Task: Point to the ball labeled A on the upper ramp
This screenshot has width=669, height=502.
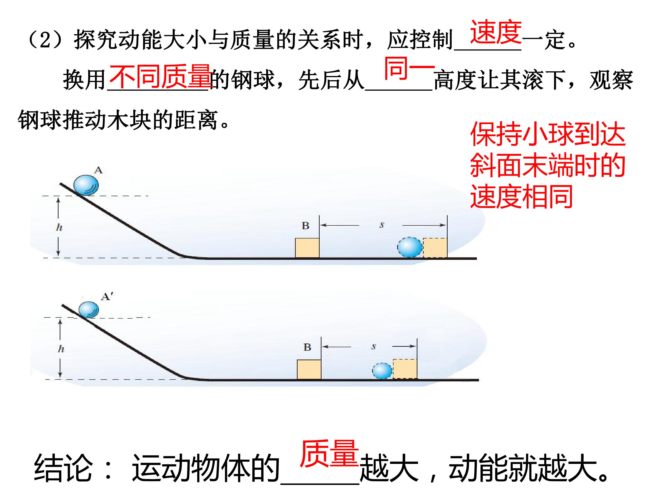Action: point(86,185)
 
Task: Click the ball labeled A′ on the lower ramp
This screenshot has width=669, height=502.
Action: point(89,310)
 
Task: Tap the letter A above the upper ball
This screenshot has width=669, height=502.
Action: point(98,170)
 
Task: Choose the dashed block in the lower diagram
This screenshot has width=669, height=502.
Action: point(405,369)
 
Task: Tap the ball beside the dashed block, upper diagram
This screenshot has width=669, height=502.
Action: point(410,247)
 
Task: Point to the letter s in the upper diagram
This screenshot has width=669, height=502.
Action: point(382,225)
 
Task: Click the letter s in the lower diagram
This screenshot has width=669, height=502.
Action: point(374,347)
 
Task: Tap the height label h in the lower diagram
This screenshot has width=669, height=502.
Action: point(61,349)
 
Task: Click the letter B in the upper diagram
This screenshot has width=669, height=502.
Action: point(305,225)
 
